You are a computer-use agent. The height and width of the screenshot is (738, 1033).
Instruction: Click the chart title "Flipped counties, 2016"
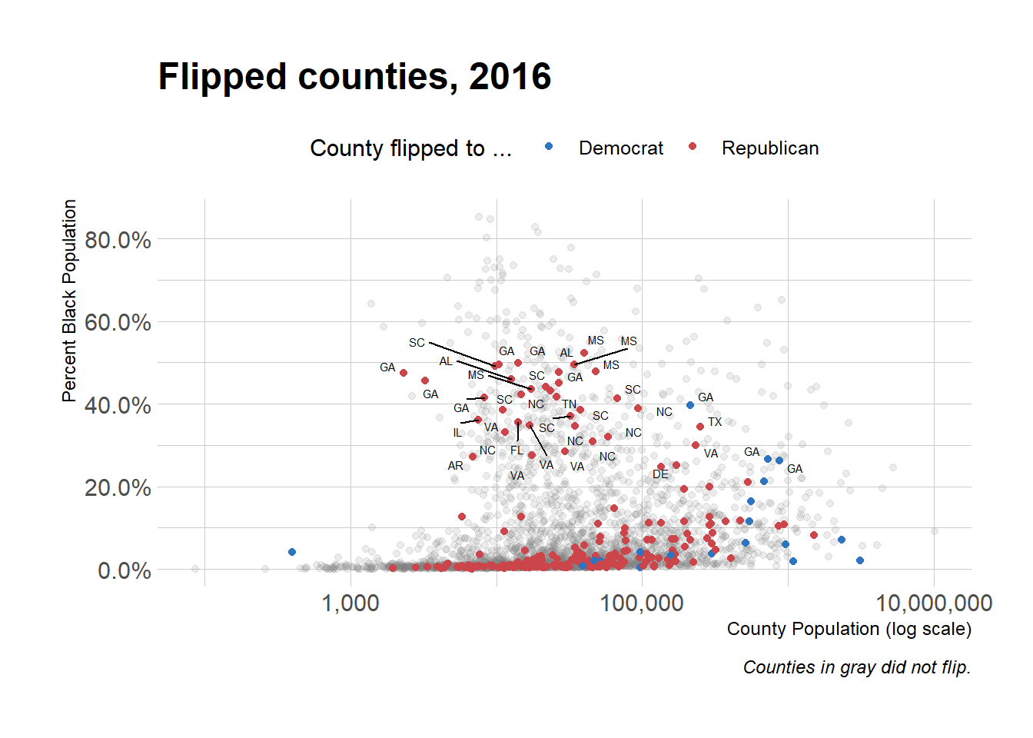point(354,77)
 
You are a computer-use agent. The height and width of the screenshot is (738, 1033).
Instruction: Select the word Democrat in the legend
point(620,148)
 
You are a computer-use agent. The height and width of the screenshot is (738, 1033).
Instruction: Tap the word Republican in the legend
point(769,148)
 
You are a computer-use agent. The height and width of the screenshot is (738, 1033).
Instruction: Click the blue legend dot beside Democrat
point(549,146)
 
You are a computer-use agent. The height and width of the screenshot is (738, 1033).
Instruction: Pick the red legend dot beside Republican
point(693,146)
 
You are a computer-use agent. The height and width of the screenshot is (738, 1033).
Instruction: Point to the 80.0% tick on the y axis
point(118,241)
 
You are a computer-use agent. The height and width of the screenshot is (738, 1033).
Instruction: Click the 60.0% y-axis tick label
point(118,323)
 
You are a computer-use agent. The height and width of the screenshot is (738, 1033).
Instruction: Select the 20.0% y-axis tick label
point(118,488)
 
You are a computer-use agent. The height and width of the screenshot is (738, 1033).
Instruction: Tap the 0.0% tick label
point(124,571)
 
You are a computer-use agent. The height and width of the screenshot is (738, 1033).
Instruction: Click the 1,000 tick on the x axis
point(350,603)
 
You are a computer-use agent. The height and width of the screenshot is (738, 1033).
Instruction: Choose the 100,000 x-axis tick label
point(642,603)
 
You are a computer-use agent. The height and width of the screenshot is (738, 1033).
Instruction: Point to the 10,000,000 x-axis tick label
point(934,603)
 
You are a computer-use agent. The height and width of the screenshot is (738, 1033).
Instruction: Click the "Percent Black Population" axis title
point(69,301)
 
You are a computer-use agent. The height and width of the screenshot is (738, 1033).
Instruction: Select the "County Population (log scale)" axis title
point(849,629)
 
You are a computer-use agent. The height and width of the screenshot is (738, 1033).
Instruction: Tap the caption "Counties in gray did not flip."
point(857,667)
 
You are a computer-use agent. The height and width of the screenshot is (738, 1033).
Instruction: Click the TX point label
point(715,422)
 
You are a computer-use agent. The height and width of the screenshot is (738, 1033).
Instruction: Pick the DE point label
point(660,474)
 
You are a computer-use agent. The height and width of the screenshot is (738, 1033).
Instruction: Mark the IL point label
point(457,433)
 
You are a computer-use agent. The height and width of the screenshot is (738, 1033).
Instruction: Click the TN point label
point(569,404)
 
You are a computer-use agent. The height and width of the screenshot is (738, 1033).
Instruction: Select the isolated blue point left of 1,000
point(292,552)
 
